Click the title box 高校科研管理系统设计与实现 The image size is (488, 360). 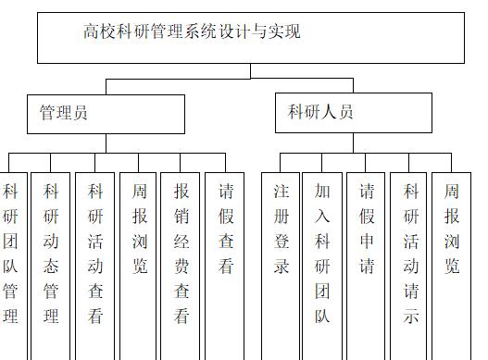(x=250, y=37)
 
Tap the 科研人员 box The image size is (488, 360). (x=353, y=113)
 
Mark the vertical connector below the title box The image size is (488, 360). (x=250, y=71)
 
